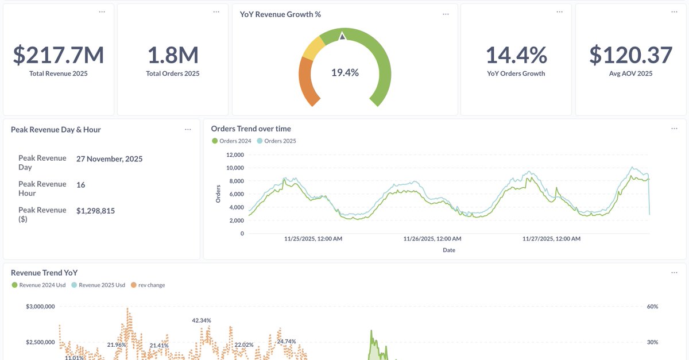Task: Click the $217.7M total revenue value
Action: pos(58,55)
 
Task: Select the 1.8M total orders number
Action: pos(173,55)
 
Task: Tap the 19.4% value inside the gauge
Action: pos(344,72)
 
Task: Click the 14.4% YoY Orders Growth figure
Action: pos(516,55)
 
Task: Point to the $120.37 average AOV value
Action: pos(630,55)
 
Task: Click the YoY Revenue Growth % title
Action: pos(280,14)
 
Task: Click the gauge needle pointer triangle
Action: pos(342,36)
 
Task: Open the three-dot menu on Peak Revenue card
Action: pos(188,130)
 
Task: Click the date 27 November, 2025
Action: pos(109,158)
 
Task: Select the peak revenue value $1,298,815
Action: pos(95,211)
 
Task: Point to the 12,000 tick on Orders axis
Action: pos(234,155)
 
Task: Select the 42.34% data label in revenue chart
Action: pos(202,320)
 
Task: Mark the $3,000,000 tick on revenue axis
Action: pos(40,307)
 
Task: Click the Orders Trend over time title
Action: pos(251,129)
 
